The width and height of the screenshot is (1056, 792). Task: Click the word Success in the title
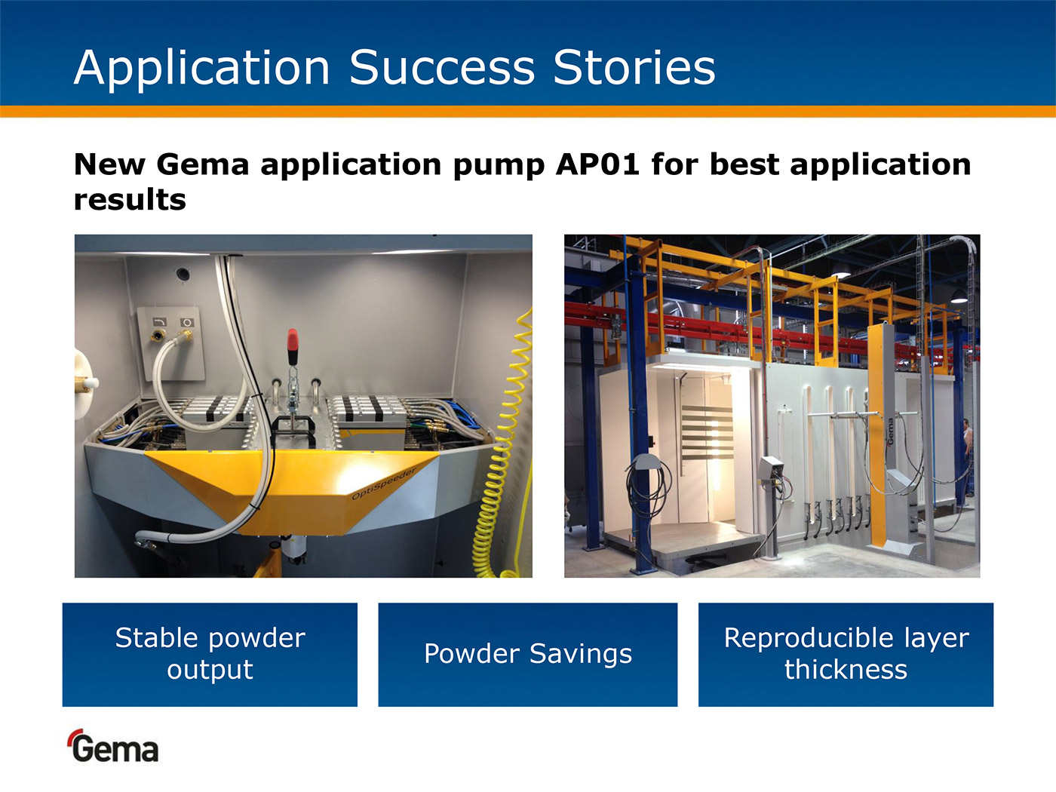tap(442, 68)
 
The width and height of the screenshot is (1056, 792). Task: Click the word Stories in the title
tap(634, 68)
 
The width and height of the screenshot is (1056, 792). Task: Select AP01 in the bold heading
tap(597, 164)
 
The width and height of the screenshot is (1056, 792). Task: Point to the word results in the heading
tap(130, 200)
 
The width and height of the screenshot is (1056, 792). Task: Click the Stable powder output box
tap(210, 655)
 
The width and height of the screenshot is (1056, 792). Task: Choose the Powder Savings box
tap(528, 655)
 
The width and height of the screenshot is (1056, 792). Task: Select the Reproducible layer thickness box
tap(846, 655)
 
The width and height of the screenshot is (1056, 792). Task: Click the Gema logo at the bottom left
tap(113, 746)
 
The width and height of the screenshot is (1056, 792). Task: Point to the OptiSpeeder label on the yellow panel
tap(384, 483)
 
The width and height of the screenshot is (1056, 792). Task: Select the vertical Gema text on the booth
tap(890, 431)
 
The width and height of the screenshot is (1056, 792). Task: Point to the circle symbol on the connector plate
tap(187, 322)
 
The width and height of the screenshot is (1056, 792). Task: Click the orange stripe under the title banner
tap(528, 111)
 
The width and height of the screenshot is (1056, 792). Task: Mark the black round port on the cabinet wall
tap(183, 274)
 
